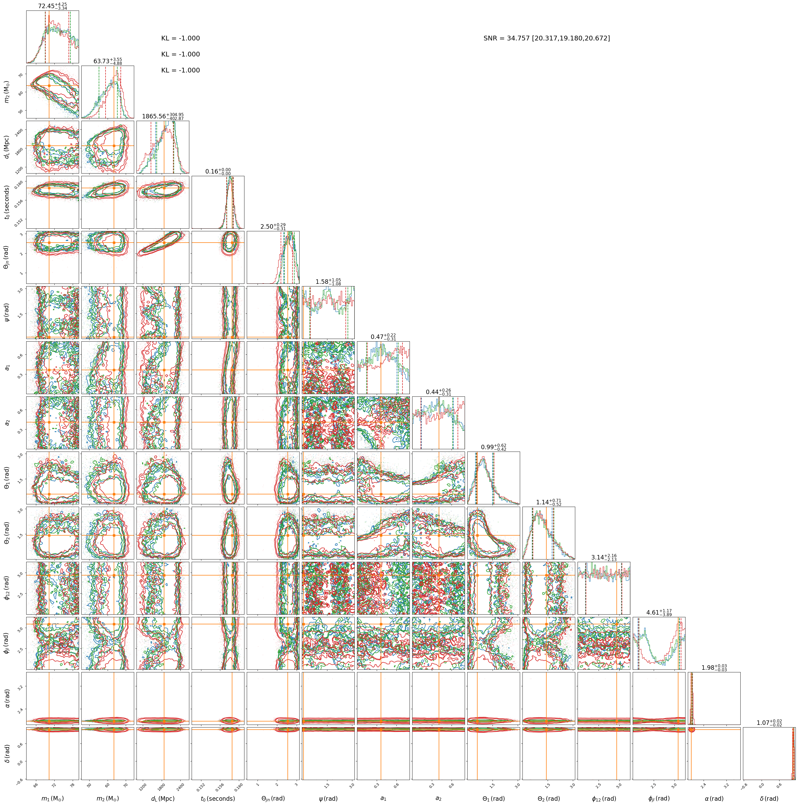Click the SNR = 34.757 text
(x=507, y=38)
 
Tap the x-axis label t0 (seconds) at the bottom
(x=218, y=798)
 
